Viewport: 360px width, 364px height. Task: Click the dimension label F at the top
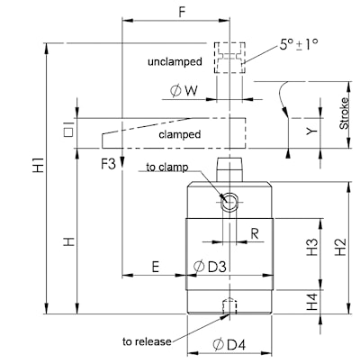(x=183, y=12)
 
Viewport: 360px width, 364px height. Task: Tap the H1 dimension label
(x=39, y=165)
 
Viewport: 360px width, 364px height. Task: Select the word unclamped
(x=175, y=61)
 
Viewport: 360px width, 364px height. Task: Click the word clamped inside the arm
(x=180, y=134)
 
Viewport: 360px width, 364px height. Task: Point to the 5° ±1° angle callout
(x=299, y=45)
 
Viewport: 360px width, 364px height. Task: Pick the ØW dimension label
(x=184, y=91)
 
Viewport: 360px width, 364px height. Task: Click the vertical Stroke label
(x=344, y=114)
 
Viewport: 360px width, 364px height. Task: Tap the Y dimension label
(x=312, y=131)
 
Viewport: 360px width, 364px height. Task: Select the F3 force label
(x=108, y=164)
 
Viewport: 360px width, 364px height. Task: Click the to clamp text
(x=167, y=167)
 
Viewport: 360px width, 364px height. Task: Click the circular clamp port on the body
(x=229, y=202)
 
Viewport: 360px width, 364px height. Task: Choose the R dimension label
(x=255, y=233)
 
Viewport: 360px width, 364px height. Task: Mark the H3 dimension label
(x=312, y=247)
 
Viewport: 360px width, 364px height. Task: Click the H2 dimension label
(x=341, y=247)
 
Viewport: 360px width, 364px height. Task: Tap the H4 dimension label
(x=312, y=302)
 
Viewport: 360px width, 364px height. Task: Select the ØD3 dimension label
(x=210, y=267)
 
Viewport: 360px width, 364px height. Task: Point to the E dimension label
(x=155, y=267)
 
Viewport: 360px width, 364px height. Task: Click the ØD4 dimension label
(x=229, y=345)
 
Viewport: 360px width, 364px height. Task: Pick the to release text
(x=147, y=341)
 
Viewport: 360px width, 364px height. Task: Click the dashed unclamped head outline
(x=229, y=42)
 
